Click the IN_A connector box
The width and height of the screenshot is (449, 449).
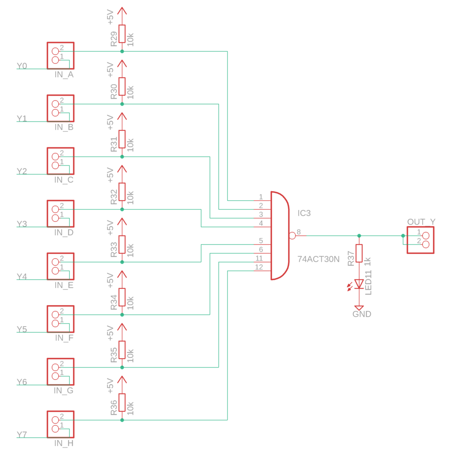click(60, 56)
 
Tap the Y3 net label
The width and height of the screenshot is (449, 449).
click(22, 224)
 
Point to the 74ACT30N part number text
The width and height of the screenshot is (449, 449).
click(319, 259)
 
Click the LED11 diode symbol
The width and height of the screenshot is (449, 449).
click(359, 284)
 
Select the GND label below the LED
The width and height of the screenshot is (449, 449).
click(361, 314)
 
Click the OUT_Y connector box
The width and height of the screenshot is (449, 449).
click(421, 240)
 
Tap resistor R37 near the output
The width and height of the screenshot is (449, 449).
click(359, 253)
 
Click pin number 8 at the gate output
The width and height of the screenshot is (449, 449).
click(299, 232)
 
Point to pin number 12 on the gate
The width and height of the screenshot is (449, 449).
click(259, 267)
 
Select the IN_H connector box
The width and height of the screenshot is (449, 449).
click(60, 424)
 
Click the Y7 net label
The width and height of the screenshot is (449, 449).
click(22, 435)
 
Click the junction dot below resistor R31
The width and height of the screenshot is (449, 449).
click(122, 157)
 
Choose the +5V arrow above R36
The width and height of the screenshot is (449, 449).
click(122, 379)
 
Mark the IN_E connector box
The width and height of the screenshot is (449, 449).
click(60, 266)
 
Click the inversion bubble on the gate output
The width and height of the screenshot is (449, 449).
click(292, 236)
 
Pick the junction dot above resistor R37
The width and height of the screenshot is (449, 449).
click(359, 236)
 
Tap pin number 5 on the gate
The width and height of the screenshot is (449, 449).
click(261, 241)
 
